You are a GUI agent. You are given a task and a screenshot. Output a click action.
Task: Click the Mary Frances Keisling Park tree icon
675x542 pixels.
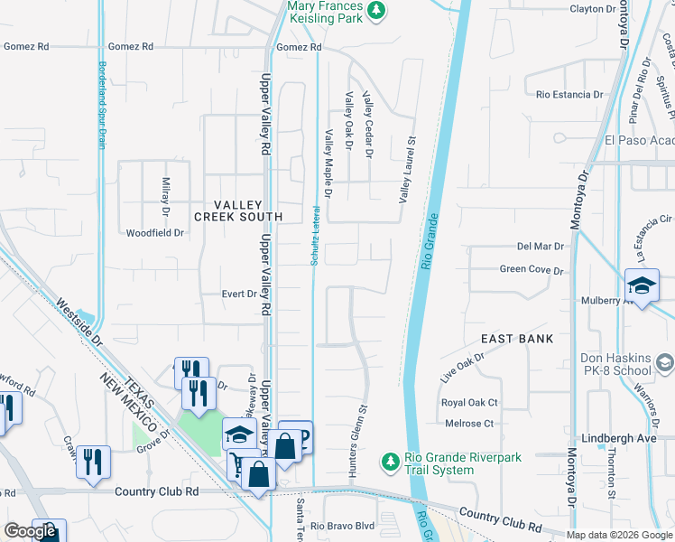coord(375,12)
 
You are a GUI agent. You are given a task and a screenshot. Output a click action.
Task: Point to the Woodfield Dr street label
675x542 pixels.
coord(154,233)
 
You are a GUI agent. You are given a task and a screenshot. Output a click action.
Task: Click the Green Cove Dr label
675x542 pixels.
coord(532,270)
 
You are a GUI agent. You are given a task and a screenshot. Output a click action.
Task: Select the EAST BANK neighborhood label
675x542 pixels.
coord(510,339)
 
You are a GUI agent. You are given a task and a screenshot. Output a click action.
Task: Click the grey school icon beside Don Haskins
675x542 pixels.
coord(665,362)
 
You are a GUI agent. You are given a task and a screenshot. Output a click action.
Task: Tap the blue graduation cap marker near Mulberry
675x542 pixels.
coord(642,285)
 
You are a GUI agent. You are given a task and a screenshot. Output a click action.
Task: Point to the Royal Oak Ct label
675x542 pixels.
coord(469,403)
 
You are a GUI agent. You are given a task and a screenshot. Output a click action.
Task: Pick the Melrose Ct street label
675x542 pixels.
coord(469,424)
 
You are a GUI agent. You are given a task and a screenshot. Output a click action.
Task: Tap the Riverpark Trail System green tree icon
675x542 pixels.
coord(390,462)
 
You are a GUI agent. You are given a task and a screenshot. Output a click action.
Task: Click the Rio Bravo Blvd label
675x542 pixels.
coord(342,526)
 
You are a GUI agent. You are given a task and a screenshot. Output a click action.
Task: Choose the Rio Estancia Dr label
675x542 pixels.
coord(570,94)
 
